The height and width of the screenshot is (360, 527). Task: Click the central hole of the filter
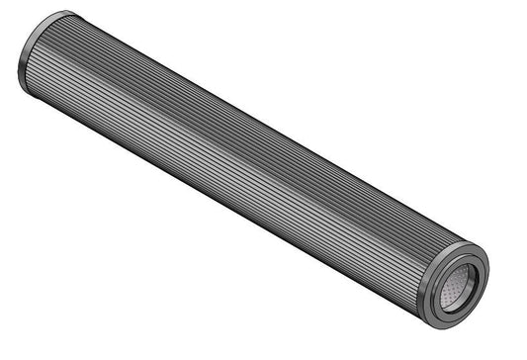coord(458,288)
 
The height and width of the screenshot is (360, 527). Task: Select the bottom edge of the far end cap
coord(35,94)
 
